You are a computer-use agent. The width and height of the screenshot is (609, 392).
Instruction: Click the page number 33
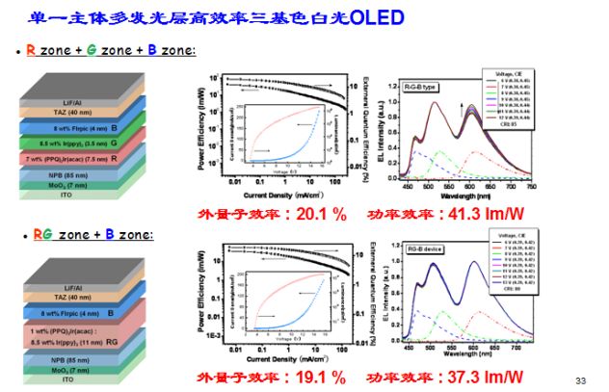tap(580, 380)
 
